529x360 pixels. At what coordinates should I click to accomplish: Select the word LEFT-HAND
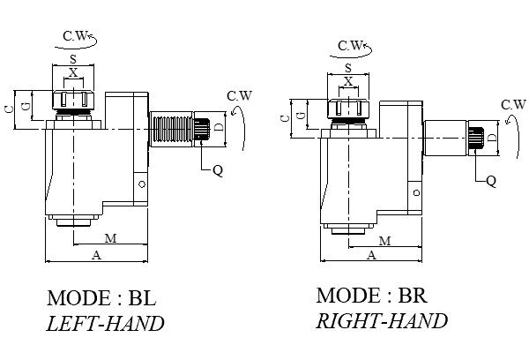(x=105, y=323)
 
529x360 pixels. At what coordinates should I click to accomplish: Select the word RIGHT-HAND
(x=382, y=320)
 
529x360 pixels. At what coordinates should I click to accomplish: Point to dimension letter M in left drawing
(x=110, y=238)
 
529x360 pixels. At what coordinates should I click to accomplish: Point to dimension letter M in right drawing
(x=384, y=241)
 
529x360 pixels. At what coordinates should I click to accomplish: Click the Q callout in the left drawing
(x=218, y=170)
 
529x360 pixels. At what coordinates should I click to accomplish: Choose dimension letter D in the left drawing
(x=219, y=129)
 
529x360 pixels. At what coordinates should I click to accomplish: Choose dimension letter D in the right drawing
(x=492, y=138)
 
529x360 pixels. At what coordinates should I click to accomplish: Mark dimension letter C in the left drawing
(x=8, y=109)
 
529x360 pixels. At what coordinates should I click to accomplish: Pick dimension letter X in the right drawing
(x=348, y=81)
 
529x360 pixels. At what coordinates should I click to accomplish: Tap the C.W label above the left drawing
(x=74, y=36)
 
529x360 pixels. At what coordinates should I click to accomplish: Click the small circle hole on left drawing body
(x=140, y=184)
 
